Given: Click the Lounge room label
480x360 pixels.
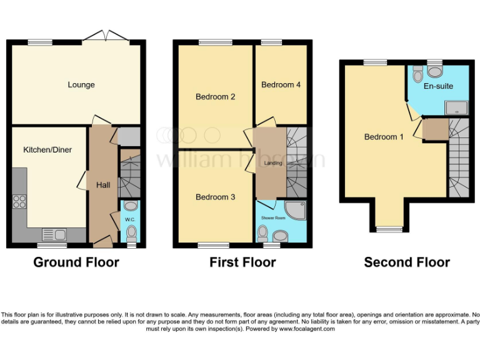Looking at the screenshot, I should (x=81, y=84).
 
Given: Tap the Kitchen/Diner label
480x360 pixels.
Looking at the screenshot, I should (x=47, y=150).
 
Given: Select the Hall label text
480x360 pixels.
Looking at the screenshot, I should (x=102, y=185).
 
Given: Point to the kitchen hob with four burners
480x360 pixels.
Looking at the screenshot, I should (x=19, y=201).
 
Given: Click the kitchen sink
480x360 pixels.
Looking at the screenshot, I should (x=55, y=234).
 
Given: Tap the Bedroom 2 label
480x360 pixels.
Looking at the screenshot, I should (x=215, y=97).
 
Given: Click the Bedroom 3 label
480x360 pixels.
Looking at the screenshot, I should (x=215, y=197).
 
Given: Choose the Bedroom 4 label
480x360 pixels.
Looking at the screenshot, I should (x=281, y=84).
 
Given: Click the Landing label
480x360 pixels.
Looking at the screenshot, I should (x=272, y=163).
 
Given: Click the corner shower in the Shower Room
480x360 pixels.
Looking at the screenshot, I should (x=296, y=211).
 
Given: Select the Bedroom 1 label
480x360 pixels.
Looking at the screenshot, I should (x=384, y=137).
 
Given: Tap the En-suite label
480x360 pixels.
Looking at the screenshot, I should (x=438, y=86).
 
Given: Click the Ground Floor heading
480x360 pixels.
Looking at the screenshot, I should (x=76, y=262).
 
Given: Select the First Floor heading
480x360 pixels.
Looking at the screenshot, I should (x=242, y=262).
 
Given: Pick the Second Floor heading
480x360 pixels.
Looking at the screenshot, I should (x=406, y=262).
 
